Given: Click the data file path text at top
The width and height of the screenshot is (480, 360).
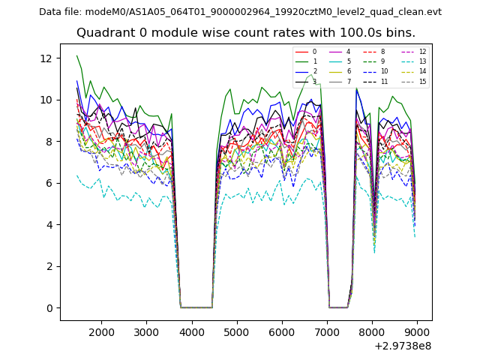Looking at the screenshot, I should click(x=240, y=11).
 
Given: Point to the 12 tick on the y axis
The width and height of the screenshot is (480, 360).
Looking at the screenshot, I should click(x=46, y=58).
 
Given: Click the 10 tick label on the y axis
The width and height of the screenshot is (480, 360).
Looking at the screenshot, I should click(x=46, y=100).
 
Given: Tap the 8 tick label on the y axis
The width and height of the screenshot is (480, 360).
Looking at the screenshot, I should click(x=49, y=142).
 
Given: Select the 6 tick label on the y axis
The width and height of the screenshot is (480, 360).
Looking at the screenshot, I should click(x=49, y=183).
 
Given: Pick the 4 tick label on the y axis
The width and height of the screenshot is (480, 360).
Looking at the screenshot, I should click(x=49, y=225).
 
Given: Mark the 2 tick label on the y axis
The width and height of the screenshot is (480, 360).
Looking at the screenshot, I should click(x=49, y=266).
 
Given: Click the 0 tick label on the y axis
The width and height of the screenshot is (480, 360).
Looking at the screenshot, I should click(x=49, y=308).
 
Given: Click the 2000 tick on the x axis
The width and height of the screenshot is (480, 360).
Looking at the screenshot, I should click(x=101, y=331).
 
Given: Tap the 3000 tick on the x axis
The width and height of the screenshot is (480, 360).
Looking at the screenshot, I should click(x=146, y=331).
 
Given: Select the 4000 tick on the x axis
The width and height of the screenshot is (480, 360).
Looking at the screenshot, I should click(x=191, y=331).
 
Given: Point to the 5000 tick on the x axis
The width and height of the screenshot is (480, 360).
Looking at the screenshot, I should click(x=237, y=331).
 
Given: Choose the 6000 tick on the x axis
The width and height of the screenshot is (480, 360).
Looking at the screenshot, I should click(x=282, y=331).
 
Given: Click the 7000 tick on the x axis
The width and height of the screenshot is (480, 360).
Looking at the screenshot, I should click(x=327, y=331).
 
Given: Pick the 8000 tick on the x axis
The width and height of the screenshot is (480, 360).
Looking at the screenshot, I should click(x=372, y=331).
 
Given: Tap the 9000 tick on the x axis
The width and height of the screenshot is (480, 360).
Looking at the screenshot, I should click(x=417, y=331).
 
